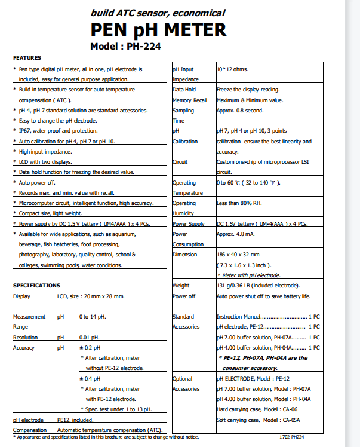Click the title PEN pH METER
tap(158, 30)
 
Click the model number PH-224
tap(141, 46)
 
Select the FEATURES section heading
tap(27, 57)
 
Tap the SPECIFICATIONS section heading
tap(36, 286)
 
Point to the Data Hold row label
tap(184, 90)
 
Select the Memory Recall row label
tap(190, 100)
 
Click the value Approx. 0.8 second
tap(239, 111)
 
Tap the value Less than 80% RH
tap(238, 203)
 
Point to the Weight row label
tap(181, 286)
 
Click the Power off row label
tap(184, 296)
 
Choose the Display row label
tap(22, 296)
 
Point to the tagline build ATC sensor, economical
tap(158, 13)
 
